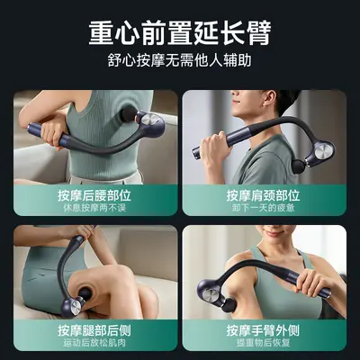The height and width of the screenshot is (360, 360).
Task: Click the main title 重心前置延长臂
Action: click(180, 32)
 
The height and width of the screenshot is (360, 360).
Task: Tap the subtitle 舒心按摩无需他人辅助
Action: click(180, 61)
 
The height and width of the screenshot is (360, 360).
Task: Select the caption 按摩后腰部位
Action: click(94, 195)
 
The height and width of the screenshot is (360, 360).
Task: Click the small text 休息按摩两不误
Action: click(94, 208)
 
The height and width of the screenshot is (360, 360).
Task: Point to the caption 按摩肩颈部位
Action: click(263, 195)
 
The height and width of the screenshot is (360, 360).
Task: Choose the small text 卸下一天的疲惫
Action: click(263, 208)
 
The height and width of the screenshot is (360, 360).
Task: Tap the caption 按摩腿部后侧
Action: click(94, 330)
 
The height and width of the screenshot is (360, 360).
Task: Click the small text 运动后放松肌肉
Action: click(94, 343)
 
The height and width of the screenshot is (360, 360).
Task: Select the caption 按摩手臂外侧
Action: click(263, 330)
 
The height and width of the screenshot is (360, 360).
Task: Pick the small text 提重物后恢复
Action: click(263, 343)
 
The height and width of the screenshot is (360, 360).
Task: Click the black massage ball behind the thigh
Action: click(85, 293)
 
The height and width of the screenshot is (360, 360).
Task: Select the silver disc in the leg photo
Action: click(75, 307)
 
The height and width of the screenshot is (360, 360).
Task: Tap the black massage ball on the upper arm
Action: click(231, 304)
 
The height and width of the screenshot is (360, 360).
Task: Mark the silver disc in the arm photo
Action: click(214, 295)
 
